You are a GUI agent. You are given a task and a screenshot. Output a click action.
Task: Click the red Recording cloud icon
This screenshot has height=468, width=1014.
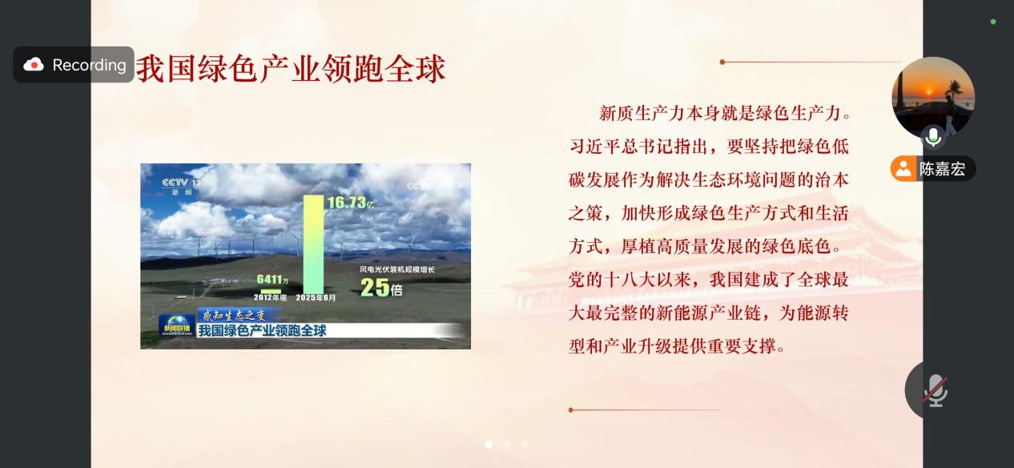tap(34, 65)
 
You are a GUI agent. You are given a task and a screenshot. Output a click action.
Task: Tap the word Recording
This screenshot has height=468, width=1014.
tap(89, 65)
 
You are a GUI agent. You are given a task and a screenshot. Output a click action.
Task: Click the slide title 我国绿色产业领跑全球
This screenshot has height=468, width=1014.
tap(291, 69)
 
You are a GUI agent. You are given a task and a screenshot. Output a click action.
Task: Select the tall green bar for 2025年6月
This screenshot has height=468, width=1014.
tap(313, 244)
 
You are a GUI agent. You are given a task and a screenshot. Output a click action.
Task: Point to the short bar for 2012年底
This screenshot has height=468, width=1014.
tap(271, 292)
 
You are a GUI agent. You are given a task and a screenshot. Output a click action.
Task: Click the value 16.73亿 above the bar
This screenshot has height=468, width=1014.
tap(351, 202)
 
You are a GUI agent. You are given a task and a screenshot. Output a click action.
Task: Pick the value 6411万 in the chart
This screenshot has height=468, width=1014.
tap(272, 280)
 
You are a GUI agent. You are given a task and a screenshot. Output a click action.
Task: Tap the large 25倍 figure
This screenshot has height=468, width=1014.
tap(381, 287)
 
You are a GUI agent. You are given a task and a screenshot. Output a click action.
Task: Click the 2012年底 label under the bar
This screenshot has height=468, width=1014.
tap(270, 297)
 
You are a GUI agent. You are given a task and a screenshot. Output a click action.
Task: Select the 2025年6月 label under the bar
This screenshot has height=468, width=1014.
tap(316, 297)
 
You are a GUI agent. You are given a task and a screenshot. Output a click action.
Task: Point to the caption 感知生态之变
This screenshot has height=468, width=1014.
tap(234, 315)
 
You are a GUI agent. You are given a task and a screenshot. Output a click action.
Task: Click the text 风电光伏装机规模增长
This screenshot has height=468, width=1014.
tap(397, 269)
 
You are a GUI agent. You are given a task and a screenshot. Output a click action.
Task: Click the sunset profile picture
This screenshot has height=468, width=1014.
tap(933, 98)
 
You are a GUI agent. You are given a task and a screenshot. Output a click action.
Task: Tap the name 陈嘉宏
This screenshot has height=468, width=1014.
tap(942, 169)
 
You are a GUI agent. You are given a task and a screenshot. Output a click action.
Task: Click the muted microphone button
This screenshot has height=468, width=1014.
tap(936, 390)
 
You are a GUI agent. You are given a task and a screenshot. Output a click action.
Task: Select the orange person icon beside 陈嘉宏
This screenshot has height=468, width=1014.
tap(903, 168)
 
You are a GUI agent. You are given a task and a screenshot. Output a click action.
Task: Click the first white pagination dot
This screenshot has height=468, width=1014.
tap(489, 445)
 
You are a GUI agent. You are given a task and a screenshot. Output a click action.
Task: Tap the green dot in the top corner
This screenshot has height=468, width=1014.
tap(993, 22)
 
